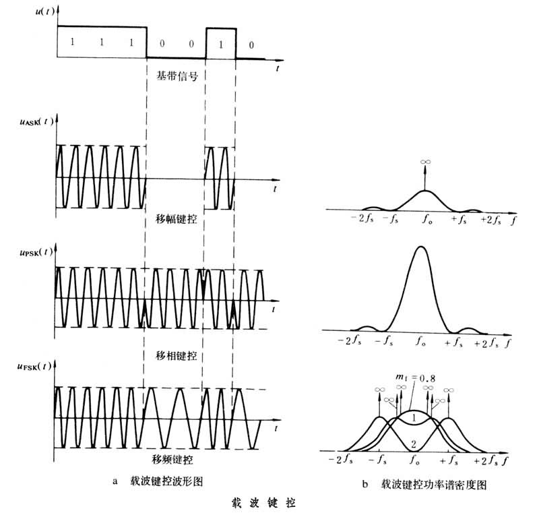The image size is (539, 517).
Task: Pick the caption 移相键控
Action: pyautogui.click(x=174, y=354)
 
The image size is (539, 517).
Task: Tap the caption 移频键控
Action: pyautogui.click(x=174, y=458)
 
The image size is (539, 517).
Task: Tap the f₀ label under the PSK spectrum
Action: pyautogui.click(x=422, y=342)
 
